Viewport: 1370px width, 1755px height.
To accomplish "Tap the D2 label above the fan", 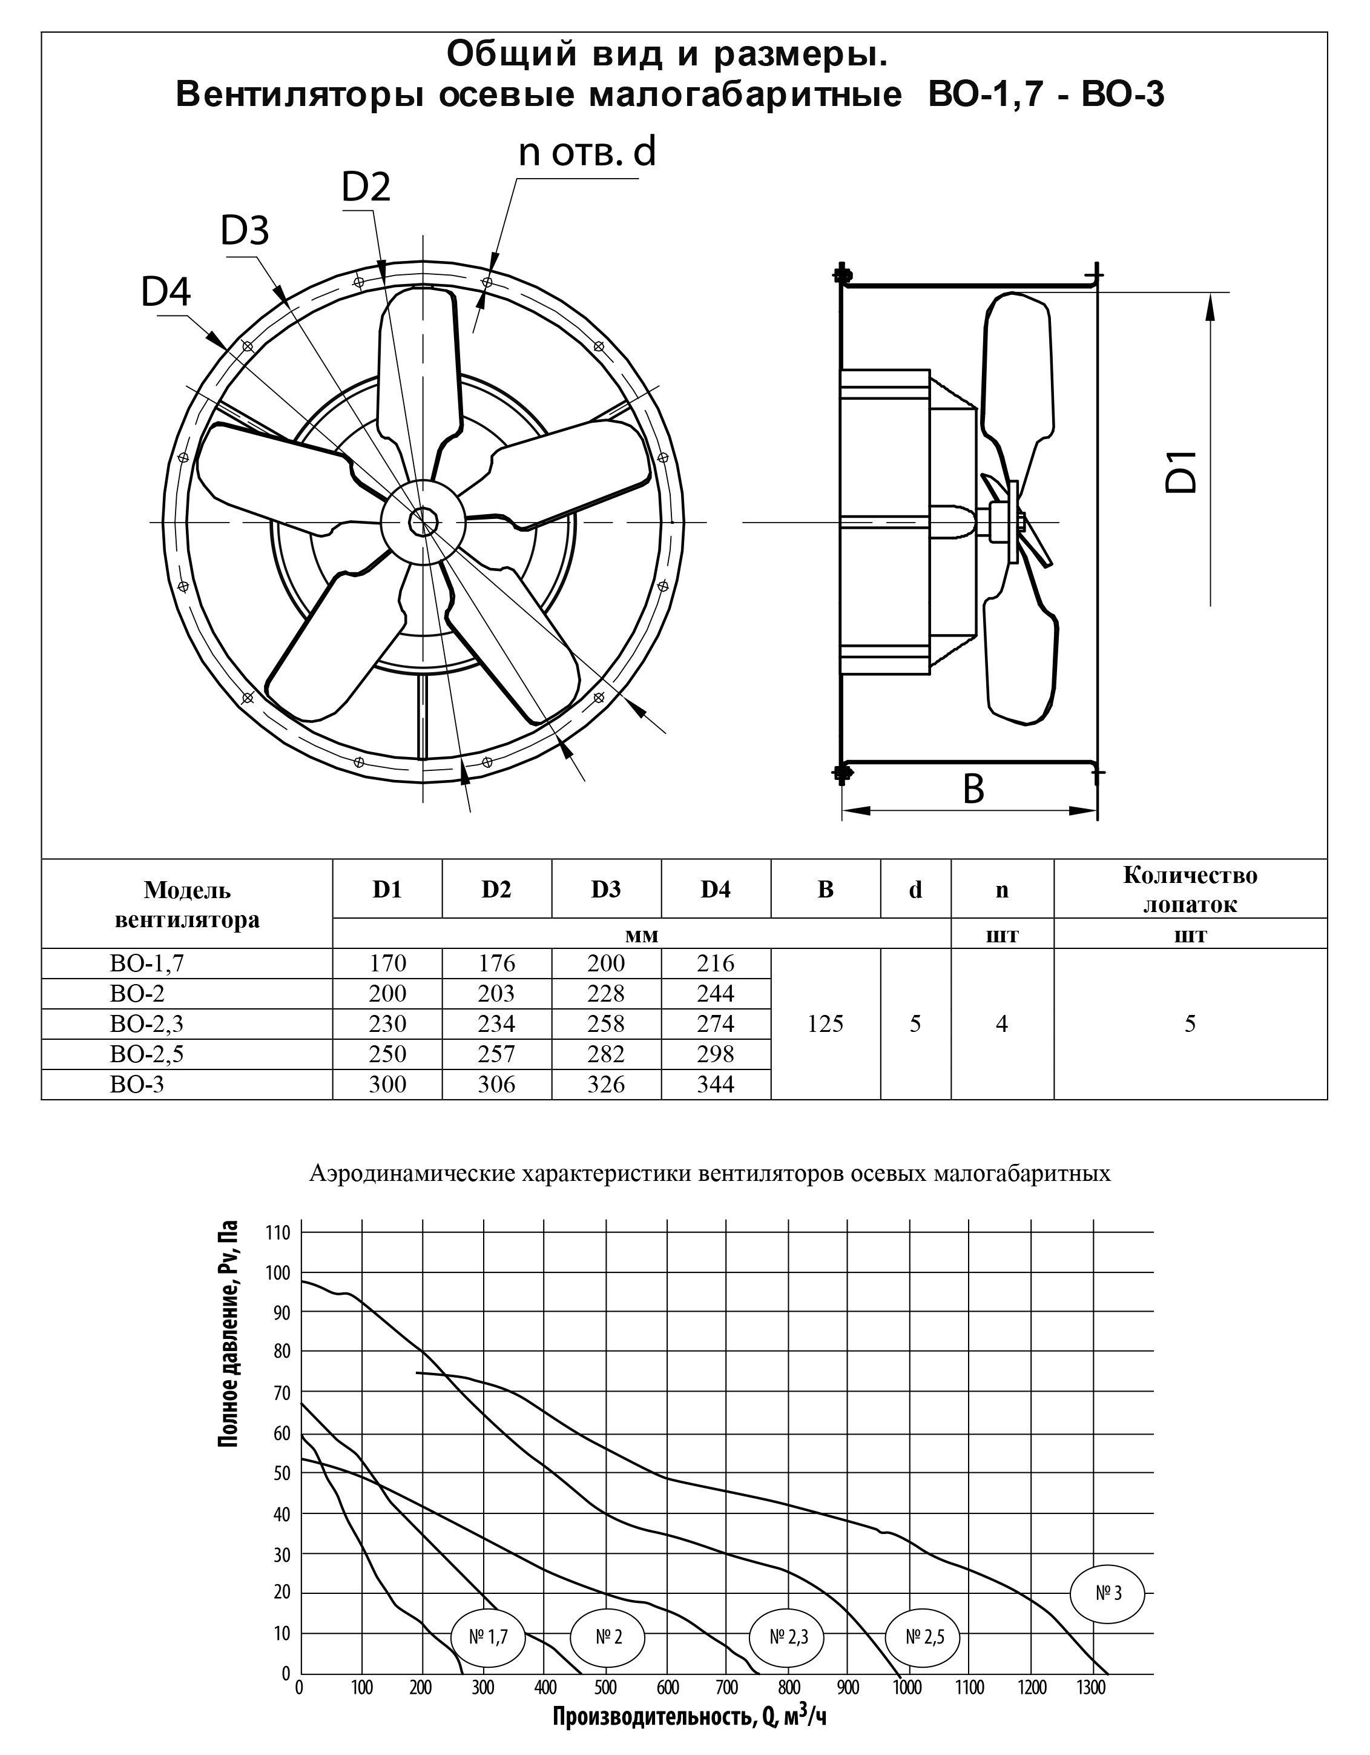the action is (x=366, y=187).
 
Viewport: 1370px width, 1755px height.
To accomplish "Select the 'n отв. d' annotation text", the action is (x=587, y=152).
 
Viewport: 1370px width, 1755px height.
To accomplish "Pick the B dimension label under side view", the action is (x=973, y=789).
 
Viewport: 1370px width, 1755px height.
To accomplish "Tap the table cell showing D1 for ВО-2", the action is (x=387, y=993).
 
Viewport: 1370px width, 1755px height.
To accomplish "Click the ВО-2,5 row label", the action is (x=147, y=1054).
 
